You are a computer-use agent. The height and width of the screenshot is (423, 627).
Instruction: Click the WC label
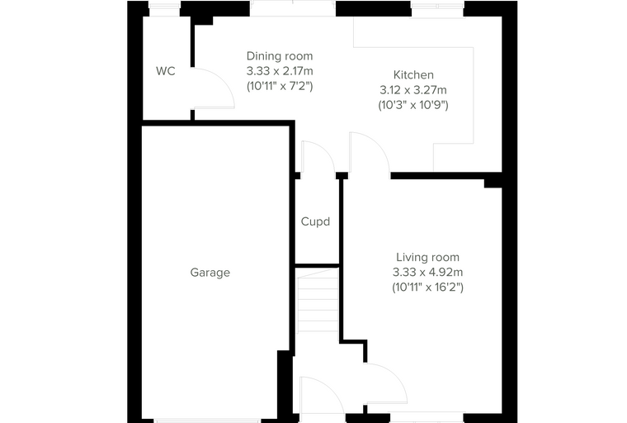166,71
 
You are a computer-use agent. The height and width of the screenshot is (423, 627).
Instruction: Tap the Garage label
210,273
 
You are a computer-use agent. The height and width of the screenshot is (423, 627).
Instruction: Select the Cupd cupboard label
315,222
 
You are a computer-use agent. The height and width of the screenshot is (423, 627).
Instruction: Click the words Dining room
280,56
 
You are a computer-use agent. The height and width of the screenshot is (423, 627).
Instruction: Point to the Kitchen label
413,75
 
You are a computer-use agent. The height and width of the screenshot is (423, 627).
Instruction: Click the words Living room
427,257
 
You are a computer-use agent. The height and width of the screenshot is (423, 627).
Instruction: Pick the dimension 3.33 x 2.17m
280,71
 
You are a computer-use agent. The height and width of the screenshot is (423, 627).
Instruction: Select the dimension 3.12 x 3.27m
413,90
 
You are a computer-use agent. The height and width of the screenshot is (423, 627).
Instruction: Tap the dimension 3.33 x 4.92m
427,273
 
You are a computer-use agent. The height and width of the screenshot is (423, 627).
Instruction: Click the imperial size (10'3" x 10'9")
413,106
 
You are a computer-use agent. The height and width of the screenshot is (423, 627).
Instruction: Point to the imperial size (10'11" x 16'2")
427,288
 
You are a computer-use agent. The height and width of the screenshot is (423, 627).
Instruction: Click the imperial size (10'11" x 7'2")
280,87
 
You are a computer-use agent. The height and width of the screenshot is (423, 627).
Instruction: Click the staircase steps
318,300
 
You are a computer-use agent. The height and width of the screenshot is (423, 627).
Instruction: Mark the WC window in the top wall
164,8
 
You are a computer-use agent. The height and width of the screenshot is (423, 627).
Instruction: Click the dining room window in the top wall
293,8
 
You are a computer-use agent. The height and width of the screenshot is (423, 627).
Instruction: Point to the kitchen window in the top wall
437,9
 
